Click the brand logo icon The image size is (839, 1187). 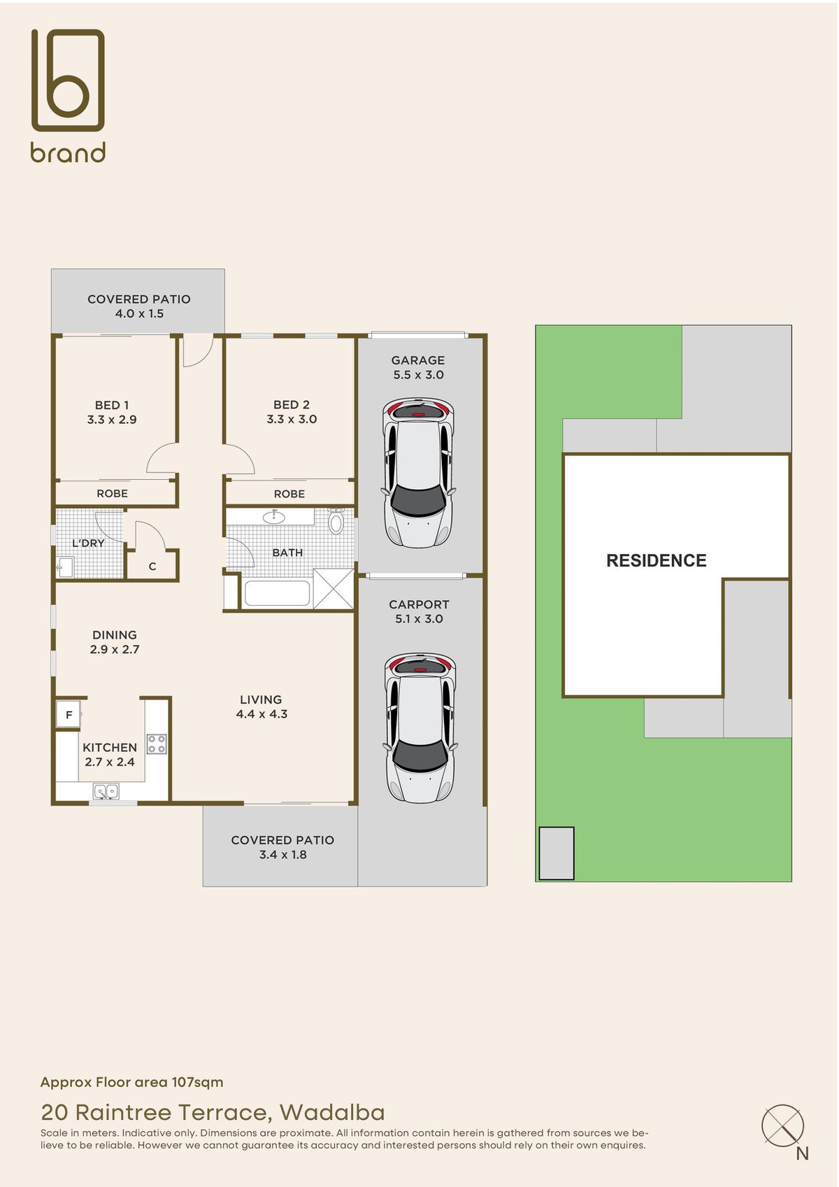(x=68, y=80)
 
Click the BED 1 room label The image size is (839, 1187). (x=112, y=405)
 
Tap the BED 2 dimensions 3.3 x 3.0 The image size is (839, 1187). (x=292, y=420)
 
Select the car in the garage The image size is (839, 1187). (x=418, y=473)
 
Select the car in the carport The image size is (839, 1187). (x=419, y=727)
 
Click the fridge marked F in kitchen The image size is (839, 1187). (x=69, y=715)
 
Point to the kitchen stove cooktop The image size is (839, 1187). (x=157, y=744)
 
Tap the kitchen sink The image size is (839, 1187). (x=106, y=792)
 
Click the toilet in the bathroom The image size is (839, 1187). (x=336, y=521)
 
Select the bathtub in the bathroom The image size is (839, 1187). (x=277, y=594)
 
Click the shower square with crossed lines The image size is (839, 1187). (x=334, y=589)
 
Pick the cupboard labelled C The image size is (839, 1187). (x=152, y=567)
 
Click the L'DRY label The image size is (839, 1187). (x=88, y=543)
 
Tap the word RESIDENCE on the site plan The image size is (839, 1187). (x=656, y=560)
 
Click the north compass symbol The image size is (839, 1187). (x=782, y=1125)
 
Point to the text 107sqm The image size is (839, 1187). (x=197, y=1082)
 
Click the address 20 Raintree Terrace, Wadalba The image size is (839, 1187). (x=213, y=1112)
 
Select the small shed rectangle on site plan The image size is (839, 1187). (x=557, y=853)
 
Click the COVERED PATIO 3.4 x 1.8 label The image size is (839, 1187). (x=282, y=847)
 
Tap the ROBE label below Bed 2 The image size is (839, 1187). (x=289, y=494)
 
